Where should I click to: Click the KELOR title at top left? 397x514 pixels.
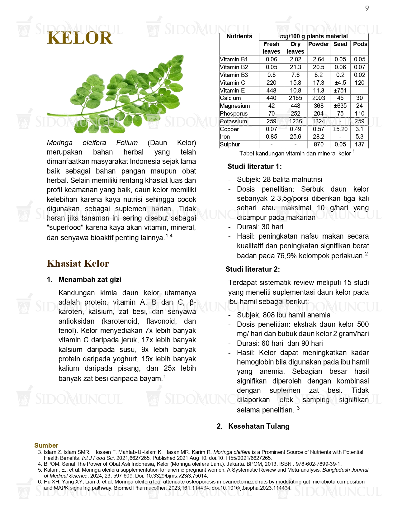[x=79, y=38]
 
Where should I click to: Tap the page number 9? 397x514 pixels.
[x=367, y=8]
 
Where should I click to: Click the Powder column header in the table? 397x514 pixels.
[x=319, y=44]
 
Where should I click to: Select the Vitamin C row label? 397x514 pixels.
[x=233, y=83]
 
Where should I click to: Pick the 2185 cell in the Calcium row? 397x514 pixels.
[x=295, y=98]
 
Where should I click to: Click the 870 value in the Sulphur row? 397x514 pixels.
[x=319, y=145]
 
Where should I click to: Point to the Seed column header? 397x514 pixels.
[x=340, y=44]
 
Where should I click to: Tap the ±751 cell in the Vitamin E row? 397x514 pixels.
[x=340, y=91]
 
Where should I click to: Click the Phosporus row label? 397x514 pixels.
[x=234, y=114]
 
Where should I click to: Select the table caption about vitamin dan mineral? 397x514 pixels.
[x=295, y=154]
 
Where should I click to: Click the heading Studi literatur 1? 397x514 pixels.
[x=254, y=166]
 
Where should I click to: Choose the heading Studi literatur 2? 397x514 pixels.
[x=253, y=269]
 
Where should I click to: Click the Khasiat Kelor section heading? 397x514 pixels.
[x=78, y=264]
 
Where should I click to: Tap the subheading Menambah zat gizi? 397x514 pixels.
[x=90, y=279]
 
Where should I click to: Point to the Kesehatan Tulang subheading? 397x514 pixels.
[x=259, y=426]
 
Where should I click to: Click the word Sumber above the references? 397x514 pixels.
[x=46, y=445]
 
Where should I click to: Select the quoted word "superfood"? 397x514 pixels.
[x=65, y=228]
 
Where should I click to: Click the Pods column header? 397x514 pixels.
[x=360, y=44]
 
